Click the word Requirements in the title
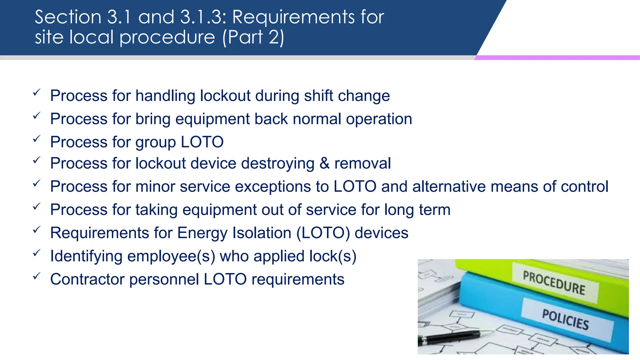click(x=293, y=17)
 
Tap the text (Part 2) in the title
click(x=253, y=37)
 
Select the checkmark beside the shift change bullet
click(x=37, y=92)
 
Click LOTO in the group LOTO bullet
click(x=202, y=142)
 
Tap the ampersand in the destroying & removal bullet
click(x=324, y=163)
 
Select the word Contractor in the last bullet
click(x=87, y=279)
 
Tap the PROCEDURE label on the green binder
click(x=554, y=283)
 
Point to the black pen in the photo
click(x=450, y=337)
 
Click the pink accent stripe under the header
click(x=556, y=58)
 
